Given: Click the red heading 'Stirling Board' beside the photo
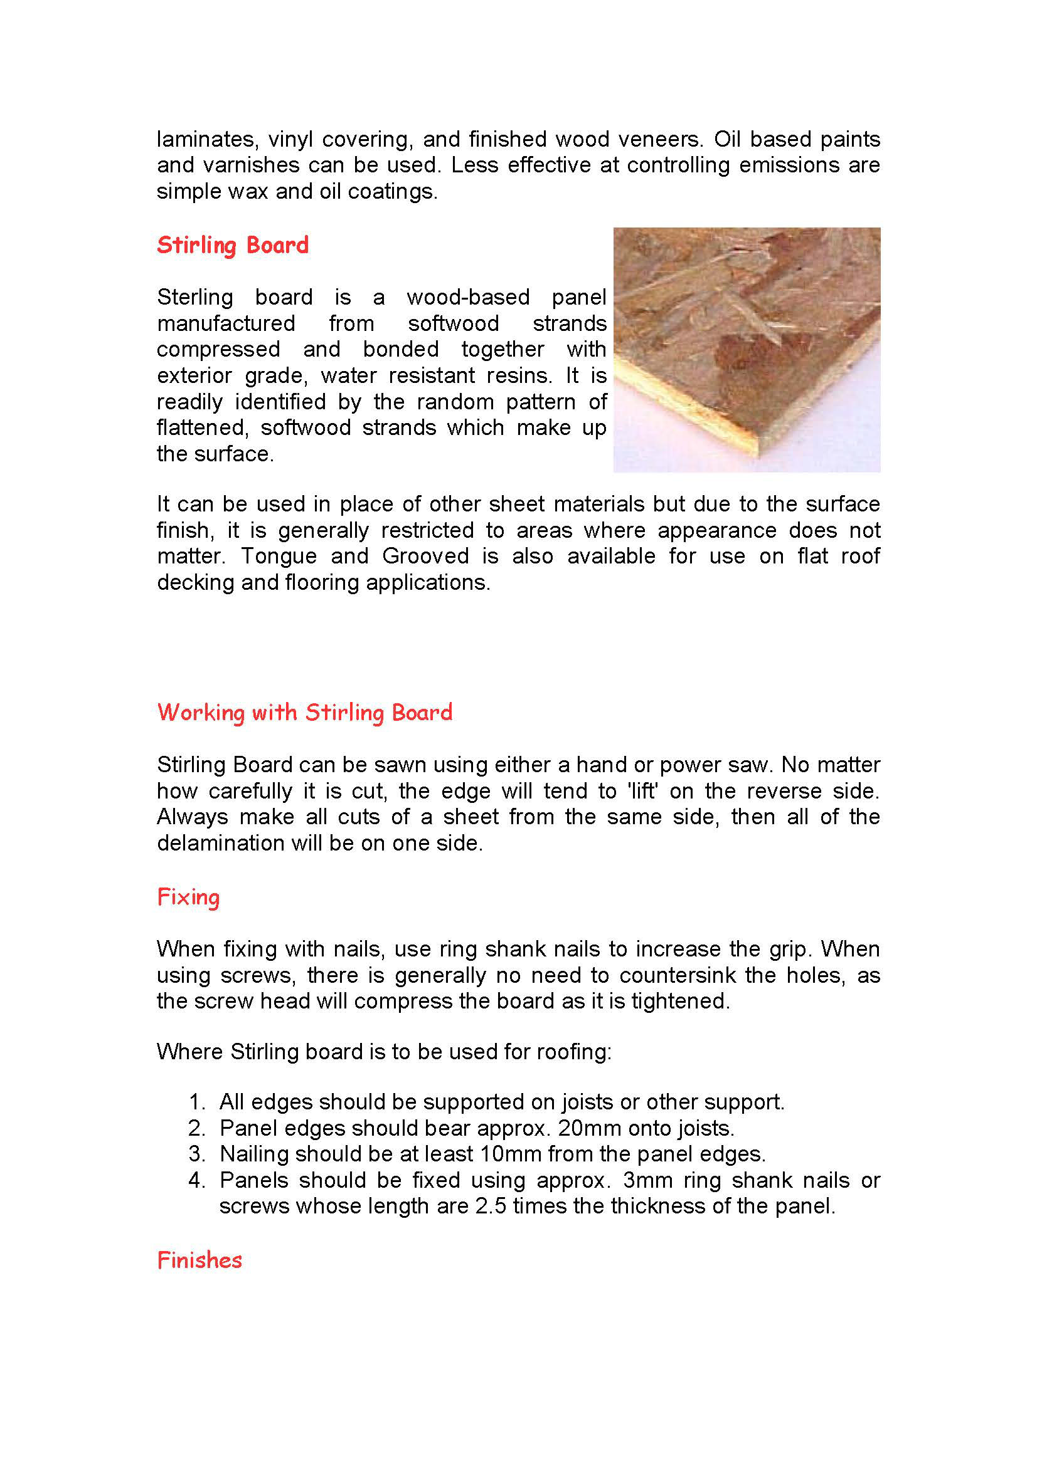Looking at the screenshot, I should (233, 245).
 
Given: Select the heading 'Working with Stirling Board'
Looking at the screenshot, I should (305, 712).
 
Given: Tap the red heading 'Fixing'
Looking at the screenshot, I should (188, 897).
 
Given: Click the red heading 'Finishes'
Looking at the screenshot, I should (199, 1260).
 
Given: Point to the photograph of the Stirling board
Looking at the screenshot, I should (747, 350).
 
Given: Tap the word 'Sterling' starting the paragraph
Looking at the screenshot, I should (195, 297).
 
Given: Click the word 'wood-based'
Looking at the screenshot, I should (468, 297).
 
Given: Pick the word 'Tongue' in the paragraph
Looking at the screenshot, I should (279, 556).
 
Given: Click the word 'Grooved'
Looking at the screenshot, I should (425, 556).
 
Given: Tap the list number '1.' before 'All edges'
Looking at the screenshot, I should (198, 1102).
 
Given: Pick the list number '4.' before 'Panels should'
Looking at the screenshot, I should (198, 1180).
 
